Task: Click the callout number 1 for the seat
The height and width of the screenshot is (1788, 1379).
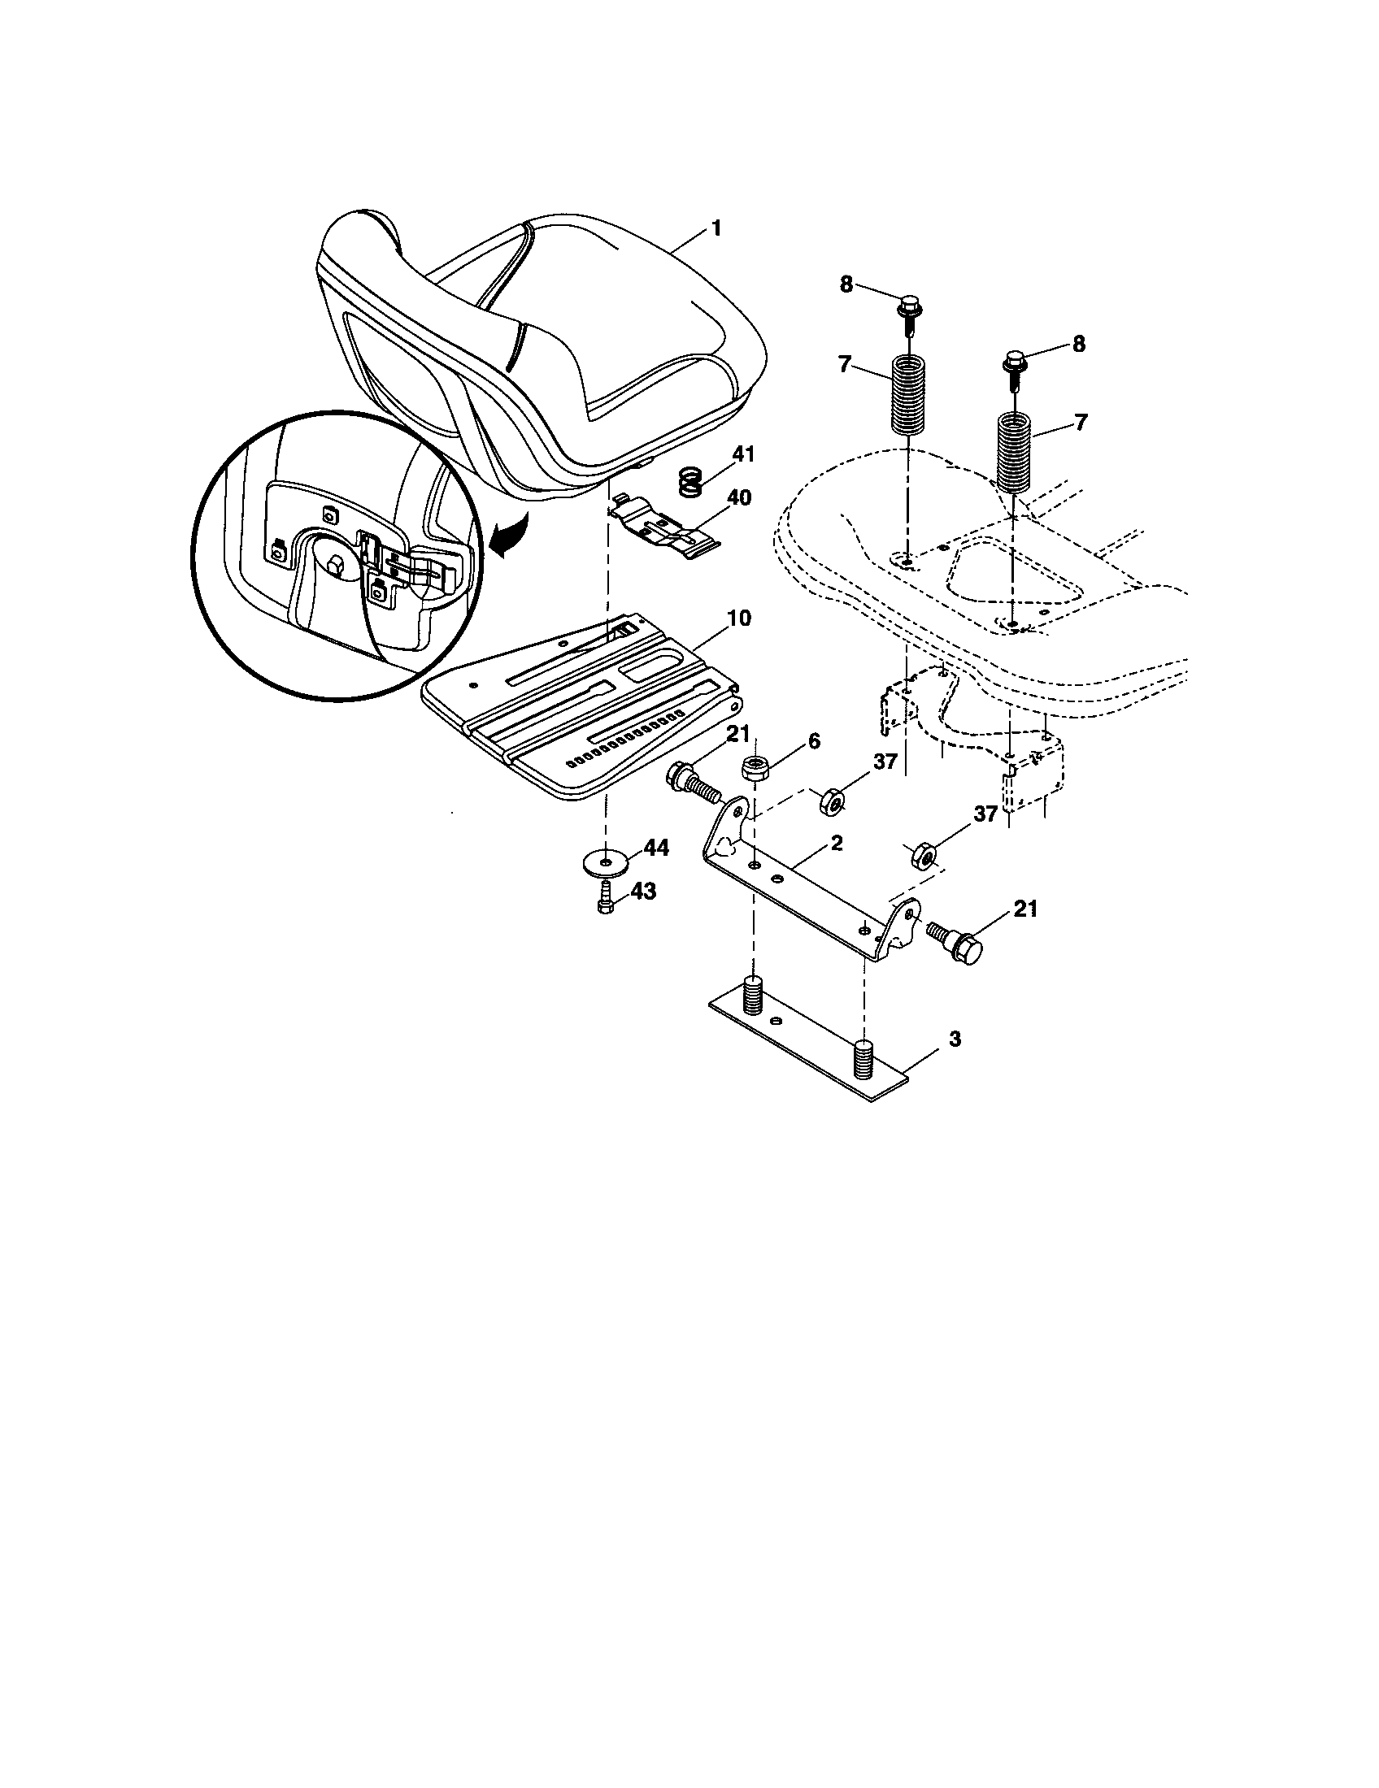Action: click(x=716, y=228)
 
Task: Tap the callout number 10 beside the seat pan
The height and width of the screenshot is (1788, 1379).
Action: click(x=737, y=618)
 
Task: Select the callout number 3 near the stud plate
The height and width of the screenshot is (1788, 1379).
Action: click(x=954, y=1039)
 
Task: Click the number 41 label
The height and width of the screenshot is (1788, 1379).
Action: click(x=744, y=455)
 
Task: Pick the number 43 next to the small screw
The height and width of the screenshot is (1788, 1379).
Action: click(x=643, y=892)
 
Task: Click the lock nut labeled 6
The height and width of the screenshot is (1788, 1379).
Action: click(x=755, y=770)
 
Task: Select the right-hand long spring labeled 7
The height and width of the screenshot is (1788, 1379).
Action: click(x=1015, y=451)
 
